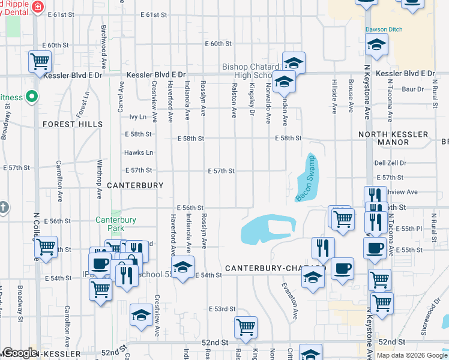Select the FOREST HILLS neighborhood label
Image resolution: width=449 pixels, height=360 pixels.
click(72, 124)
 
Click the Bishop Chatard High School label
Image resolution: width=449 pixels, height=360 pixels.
click(251, 71)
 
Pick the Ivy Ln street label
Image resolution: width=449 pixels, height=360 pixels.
click(138, 117)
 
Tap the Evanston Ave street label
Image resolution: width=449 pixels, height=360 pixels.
click(292, 301)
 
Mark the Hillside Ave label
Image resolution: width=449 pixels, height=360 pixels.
click(334, 95)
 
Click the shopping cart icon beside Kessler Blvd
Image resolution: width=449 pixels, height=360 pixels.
click(40, 61)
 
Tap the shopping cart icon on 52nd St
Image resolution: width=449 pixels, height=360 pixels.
click(246, 328)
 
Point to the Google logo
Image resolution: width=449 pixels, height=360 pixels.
click(20, 353)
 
